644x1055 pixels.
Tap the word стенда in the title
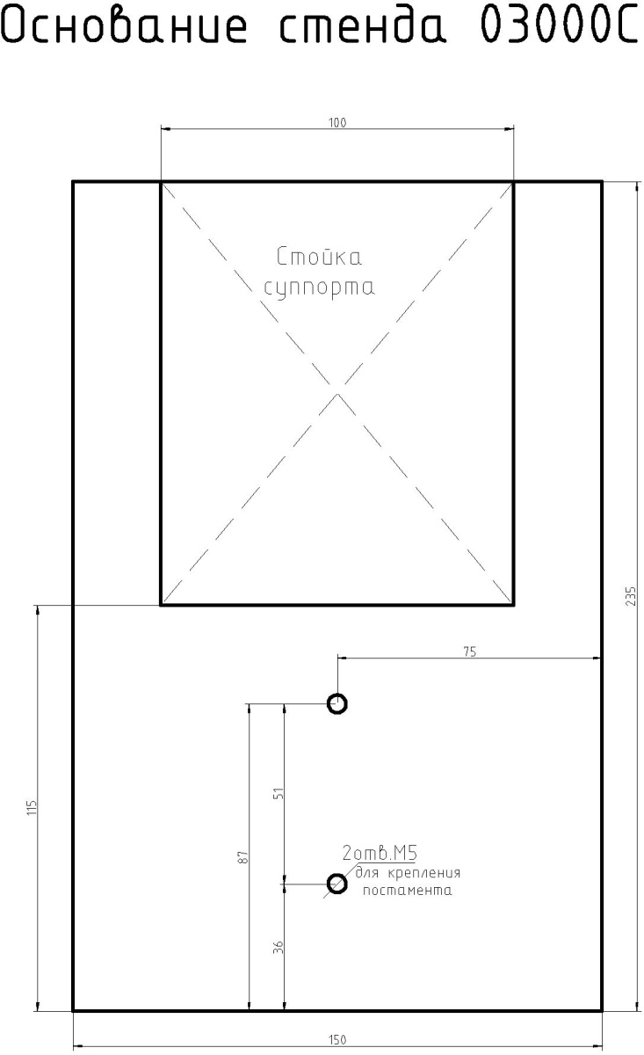(362, 25)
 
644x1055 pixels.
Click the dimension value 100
(337, 123)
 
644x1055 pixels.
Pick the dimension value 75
(470, 651)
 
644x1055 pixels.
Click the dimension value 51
(279, 793)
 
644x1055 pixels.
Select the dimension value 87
(243, 856)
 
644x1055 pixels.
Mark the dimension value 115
(32, 808)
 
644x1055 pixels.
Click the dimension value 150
(337, 1039)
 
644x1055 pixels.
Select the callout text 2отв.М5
(380, 853)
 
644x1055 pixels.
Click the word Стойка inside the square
(319, 257)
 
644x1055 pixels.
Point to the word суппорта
(319, 287)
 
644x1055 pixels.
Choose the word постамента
(407, 890)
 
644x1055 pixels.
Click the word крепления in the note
(424, 873)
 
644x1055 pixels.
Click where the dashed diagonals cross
(337, 387)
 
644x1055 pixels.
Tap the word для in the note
(366, 873)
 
